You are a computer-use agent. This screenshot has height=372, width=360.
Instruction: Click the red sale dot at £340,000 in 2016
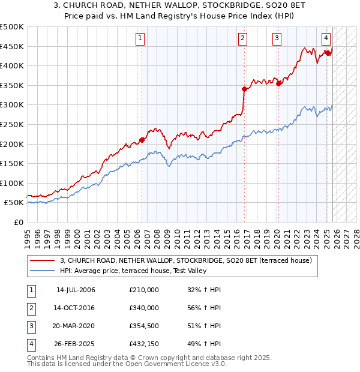(x=244, y=89)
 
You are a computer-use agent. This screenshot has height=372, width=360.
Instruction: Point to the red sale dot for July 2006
(x=142, y=140)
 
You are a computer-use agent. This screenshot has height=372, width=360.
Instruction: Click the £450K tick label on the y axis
(x=12, y=47)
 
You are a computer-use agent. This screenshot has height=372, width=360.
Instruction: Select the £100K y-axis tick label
(x=12, y=183)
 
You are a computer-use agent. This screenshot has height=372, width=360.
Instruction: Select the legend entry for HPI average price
(x=133, y=271)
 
